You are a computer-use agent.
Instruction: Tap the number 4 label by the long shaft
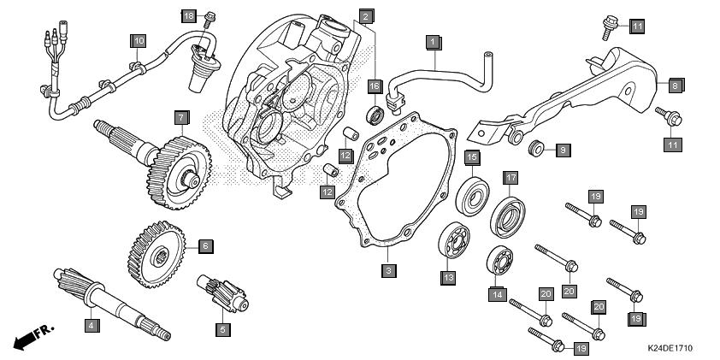point(90,324)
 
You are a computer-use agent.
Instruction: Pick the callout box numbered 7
point(181,115)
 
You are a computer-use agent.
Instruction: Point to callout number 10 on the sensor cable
point(138,40)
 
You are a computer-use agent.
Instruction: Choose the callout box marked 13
point(447,277)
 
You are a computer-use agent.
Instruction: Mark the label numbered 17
point(510,178)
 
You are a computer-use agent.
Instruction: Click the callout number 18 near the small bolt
point(189,16)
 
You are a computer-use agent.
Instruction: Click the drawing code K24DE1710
point(669,350)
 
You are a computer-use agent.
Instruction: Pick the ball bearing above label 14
point(499,260)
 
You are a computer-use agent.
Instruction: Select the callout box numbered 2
point(365,16)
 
